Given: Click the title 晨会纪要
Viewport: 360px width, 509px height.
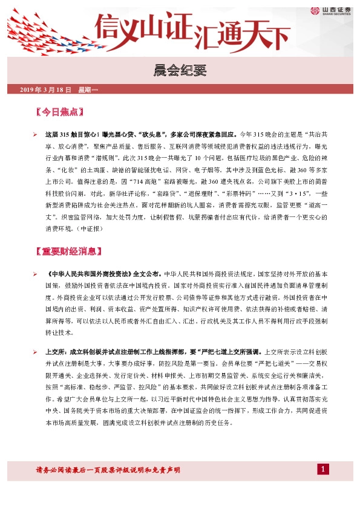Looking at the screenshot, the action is coord(180,71).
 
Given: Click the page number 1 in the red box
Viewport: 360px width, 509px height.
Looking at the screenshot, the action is coord(324,469).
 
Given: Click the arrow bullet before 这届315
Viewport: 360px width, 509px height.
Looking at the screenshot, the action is coord(36,132).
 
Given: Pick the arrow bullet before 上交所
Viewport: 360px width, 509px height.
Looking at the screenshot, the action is coord(36,351).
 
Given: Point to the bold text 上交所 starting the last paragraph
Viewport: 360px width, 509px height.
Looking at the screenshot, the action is coord(54,351).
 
